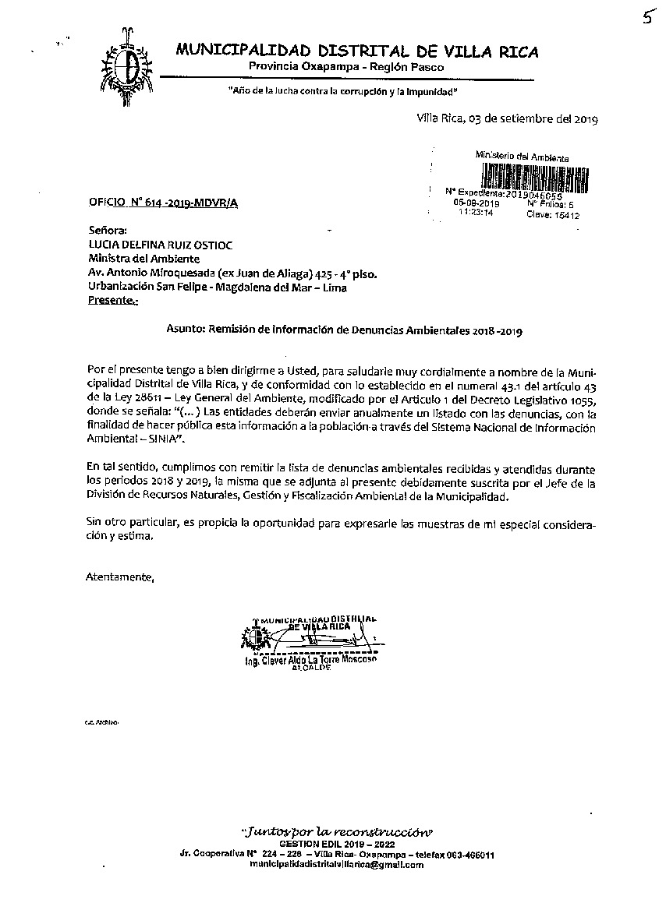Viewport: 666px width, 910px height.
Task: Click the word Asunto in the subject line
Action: [184, 330]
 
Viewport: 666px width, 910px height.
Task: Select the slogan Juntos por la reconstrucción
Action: [337, 829]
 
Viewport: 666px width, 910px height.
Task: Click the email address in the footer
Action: [337, 865]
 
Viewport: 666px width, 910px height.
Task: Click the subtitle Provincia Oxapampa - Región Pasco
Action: [346, 68]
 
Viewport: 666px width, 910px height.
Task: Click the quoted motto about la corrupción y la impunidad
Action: [342, 92]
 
